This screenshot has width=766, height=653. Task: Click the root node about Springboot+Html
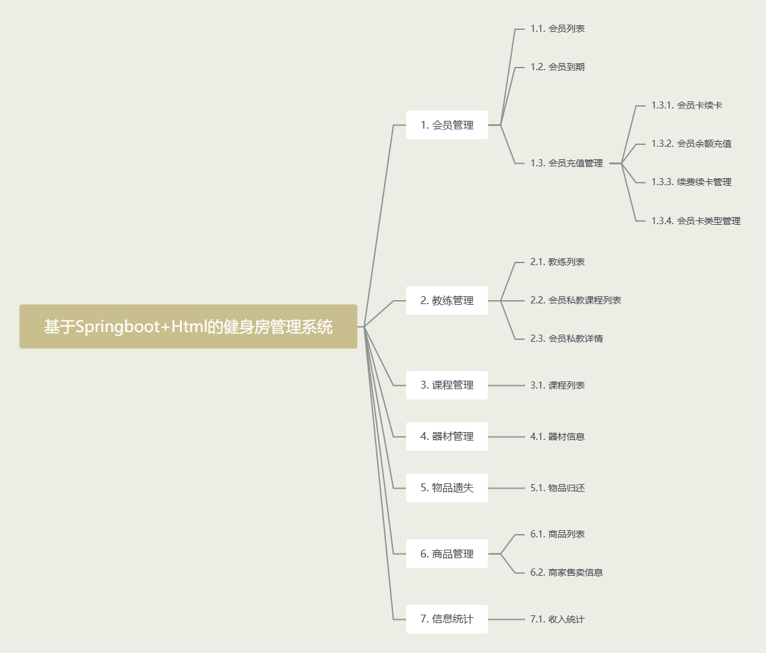point(188,326)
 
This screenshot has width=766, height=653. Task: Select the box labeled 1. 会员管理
point(446,125)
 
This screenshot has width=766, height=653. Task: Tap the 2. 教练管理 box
point(446,300)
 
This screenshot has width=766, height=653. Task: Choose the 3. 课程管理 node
point(446,385)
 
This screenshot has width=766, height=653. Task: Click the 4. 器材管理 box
point(446,437)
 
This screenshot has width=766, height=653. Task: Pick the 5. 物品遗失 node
point(446,488)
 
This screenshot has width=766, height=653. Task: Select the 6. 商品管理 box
point(446,554)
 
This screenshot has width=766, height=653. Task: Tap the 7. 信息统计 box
point(446,619)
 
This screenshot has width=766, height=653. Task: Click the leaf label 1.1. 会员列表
point(557,29)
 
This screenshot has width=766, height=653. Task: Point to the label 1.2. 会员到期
point(557,67)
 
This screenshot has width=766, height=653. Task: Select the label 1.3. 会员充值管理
point(567,163)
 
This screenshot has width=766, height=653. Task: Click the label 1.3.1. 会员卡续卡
point(687,105)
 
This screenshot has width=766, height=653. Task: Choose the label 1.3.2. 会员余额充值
point(691,144)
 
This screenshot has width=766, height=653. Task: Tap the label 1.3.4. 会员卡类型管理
point(696,221)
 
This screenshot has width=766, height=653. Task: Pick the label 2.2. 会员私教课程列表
point(576,300)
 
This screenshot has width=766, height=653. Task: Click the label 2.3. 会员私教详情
point(567,339)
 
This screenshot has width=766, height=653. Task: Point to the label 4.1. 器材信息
point(557,437)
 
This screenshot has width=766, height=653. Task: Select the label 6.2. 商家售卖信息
point(567,572)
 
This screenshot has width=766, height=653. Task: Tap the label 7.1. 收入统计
point(557,619)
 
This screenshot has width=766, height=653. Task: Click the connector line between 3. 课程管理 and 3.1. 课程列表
point(506,385)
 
